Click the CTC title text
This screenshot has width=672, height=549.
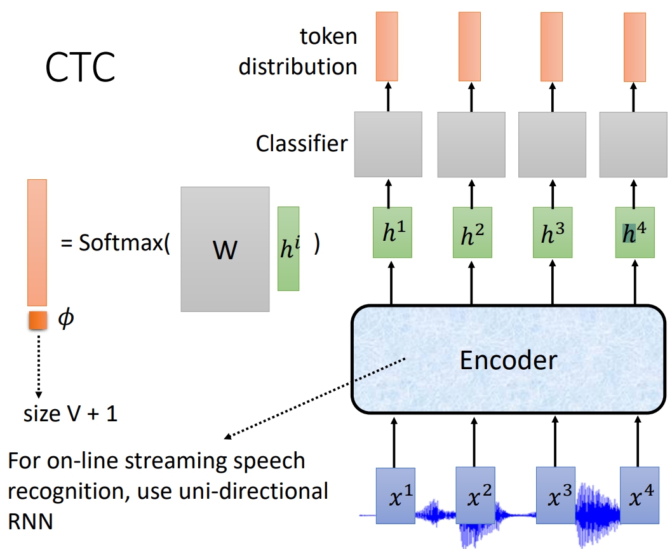[81, 67]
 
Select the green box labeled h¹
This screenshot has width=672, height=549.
[391, 232]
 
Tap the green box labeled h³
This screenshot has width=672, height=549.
[552, 232]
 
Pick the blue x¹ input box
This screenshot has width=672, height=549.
[394, 495]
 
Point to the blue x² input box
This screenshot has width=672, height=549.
[475, 495]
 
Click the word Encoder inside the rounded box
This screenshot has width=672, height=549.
[508, 360]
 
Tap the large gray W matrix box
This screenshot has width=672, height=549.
[225, 249]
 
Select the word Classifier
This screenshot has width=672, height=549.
[301, 144]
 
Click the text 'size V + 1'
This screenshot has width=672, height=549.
[71, 414]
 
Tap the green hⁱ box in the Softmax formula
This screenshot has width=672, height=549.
[288, 248]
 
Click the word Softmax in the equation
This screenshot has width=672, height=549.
[120, 244]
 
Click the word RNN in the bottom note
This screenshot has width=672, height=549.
[30, 521]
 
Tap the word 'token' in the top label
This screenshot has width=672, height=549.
[328, 36]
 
